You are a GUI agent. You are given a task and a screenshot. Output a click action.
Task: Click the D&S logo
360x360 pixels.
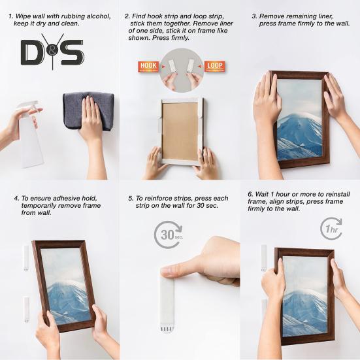[52, 52]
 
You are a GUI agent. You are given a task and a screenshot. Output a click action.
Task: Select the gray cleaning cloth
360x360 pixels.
[88, 108]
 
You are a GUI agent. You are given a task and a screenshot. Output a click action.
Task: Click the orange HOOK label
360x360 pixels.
[148, 66]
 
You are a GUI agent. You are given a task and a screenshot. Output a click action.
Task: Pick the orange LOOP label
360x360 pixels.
[214, 66]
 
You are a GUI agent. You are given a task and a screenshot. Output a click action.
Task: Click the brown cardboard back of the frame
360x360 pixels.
[180, 131]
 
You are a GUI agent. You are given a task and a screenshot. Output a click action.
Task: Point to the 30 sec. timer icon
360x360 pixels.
[168, 235]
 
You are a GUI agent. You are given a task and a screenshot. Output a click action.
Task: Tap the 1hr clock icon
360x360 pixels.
[331, 229]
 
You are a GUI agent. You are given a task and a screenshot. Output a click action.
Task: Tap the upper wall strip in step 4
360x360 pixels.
[26, 257]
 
